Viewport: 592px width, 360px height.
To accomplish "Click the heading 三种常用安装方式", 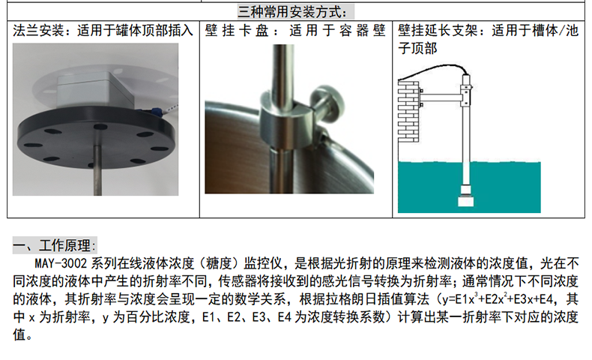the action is [292, 12].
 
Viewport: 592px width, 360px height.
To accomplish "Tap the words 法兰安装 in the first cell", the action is [38, 31].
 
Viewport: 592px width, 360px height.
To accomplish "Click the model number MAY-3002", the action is [61, 263].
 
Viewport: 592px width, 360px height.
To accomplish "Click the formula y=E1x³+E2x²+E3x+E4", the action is [498, 299].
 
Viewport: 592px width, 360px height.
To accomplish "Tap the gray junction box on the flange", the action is [95, 91].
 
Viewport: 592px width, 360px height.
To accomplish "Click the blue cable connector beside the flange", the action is [155, 111].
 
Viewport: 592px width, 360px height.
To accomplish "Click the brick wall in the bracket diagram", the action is [408, 112].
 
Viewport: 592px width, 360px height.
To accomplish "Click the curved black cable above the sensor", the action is [434, 70].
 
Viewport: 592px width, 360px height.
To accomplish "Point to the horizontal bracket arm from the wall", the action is [441, 97].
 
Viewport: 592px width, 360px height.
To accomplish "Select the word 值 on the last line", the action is [19, 334].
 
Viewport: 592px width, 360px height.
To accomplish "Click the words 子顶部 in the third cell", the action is [417, 48].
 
